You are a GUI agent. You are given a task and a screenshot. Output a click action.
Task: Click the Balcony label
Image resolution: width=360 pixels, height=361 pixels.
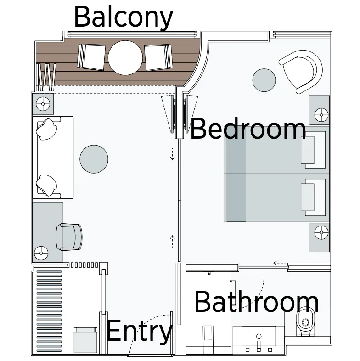pyautogui.click(x=124, y=17)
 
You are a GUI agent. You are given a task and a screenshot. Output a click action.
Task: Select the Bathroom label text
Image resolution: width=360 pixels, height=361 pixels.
pyautogui.click(x=257, y=302)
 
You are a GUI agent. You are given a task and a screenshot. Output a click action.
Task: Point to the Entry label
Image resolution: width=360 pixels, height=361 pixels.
pyautogui.click(x=139, y=331)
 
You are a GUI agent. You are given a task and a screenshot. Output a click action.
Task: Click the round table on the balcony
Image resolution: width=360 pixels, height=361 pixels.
pyautogui.click(x=125, y=58)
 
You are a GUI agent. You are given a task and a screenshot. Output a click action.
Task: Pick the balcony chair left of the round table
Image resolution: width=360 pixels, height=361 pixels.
pyautogui.click(x=91, y=57)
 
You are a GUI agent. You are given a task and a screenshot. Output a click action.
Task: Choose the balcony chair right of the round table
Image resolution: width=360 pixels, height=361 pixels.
pyautogui.click(x=158, y=57)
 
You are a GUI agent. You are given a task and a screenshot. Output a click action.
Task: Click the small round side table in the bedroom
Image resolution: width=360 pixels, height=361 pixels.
pyautogui.click(x=264, y=80)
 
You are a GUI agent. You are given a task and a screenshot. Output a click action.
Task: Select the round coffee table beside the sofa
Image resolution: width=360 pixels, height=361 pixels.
pyautogui.click(x=94, y=159)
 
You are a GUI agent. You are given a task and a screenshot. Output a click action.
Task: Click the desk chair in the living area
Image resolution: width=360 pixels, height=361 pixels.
pyautogui.click(x=69, y=237)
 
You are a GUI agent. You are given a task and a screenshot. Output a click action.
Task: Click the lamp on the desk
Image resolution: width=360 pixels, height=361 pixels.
pyautogui.click(x=41, y=253)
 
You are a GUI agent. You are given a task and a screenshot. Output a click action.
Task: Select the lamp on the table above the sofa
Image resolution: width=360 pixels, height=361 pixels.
pyautogui.click(x=43, y=104)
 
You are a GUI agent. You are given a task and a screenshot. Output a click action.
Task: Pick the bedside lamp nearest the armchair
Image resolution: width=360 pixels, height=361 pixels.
pyautogui.click(x=321, y=115)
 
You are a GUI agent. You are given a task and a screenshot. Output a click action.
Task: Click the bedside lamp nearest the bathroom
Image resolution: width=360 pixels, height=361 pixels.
pyautogui.click(x=321, y=232)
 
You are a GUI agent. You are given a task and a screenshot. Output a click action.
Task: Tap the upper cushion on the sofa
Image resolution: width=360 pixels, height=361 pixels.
pyautogui.click(x=46, y=129)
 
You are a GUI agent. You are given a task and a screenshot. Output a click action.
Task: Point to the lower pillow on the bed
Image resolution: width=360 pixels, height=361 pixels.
pyautogui.click(x=308, y=197)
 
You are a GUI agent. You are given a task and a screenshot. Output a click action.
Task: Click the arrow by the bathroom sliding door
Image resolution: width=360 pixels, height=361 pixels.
pyautogui.click(x=280, y=263)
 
